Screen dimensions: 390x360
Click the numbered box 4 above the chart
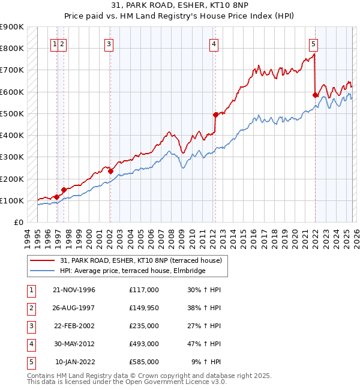tap(214, 43)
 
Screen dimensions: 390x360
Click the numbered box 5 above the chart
tap(314, 43)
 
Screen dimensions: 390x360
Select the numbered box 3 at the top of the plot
tap(109, 43)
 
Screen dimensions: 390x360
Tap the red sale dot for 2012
tap(215, 115)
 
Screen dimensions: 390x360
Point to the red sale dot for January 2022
tap(315, 94)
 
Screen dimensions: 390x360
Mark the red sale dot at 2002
tap(110, 171)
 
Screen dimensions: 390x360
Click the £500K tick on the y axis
tap(12, 113)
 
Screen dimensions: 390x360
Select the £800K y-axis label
tap(12, 48)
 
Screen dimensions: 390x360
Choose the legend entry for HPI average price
tap(133, 271)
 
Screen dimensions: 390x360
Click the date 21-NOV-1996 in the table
tap(74, 290)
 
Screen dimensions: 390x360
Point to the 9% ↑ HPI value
tap(206, 362)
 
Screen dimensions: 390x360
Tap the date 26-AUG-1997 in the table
tap(74, 308)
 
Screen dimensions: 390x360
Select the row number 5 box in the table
tap(31, 362)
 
